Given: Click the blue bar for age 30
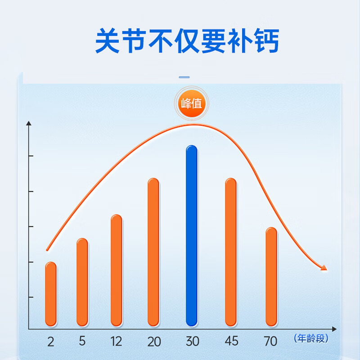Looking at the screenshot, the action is (192, 235).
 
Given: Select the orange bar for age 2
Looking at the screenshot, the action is (51, 294).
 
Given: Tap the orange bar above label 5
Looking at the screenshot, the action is (82, 282).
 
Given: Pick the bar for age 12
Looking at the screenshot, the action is (117, 270).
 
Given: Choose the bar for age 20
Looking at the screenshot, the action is (153, 252).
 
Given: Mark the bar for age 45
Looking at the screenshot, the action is (231, 252).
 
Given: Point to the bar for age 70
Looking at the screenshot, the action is (271, 277).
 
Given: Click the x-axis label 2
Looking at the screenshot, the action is (51, 342).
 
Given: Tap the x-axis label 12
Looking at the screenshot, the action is (116, 341).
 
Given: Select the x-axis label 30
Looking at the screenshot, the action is (193, 341).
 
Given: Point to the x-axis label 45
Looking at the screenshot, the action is (231, 341).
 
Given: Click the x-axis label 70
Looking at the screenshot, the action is (270, 341).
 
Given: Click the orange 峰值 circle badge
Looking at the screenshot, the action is (192, 103).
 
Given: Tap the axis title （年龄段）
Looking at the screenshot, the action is (311, 338).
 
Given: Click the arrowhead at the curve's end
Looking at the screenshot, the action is (324, 268).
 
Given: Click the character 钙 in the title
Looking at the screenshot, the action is (266, 41).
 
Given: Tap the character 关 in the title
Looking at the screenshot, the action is (108, 41).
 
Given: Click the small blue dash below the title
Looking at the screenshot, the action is (184, 77).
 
